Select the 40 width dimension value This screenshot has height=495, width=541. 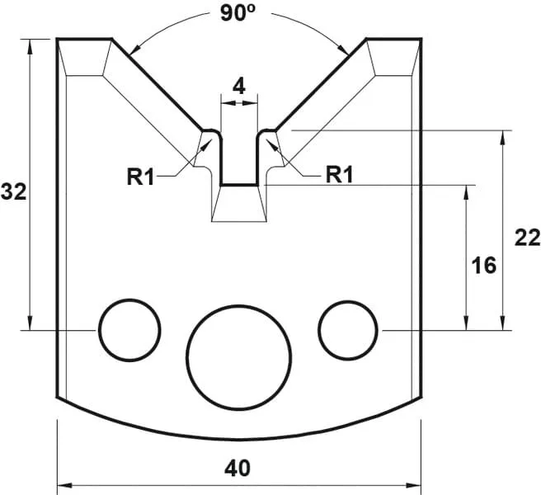(x=238, y=469)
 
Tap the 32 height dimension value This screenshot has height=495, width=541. (x=14, y=192)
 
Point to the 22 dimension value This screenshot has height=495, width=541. (x=526, y=238)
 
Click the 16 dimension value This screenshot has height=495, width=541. (x=484, y=265)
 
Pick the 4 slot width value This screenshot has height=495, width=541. (x=238, y=85)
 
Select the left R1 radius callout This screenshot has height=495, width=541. (x=141, y=175)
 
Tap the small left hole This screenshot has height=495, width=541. (x=129, y=329)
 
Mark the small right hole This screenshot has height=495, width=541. (x=350, y=329)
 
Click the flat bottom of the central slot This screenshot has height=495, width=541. (x=238, y=186)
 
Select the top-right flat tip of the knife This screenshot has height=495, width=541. (x=393, y=39)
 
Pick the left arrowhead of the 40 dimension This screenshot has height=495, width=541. (x=63, y=484)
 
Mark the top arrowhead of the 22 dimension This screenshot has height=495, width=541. (x=502, y=135)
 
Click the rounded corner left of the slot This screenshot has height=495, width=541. (x=212, y=132)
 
